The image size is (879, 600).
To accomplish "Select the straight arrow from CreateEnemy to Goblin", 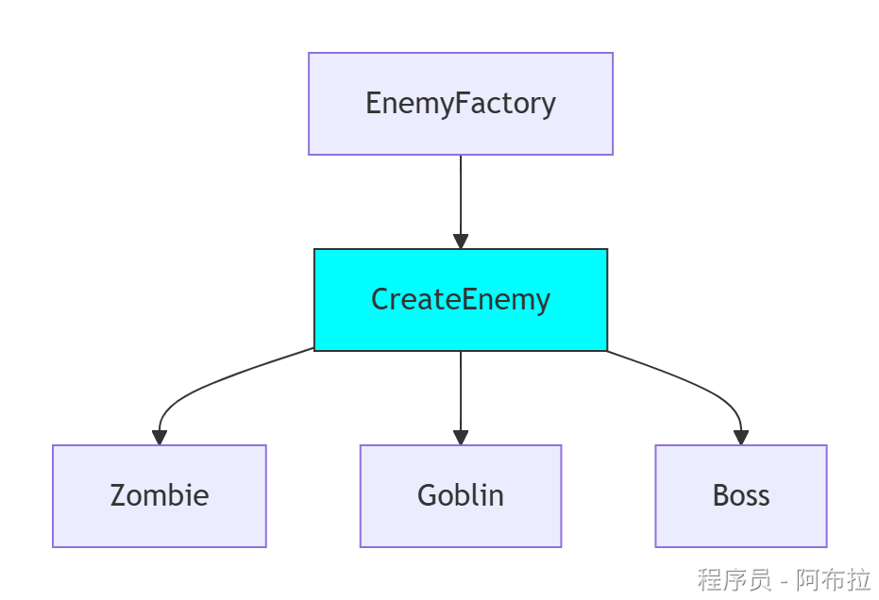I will tap(461, 392).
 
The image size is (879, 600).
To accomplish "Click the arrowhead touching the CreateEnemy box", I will tap(461, 242).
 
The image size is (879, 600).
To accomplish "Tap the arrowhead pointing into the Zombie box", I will tap(160, 437).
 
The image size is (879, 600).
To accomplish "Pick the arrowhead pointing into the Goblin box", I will tap(461, 437).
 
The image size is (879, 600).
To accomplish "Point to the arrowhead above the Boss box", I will tap(741, 437).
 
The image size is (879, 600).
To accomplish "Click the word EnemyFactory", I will tap(460, 103).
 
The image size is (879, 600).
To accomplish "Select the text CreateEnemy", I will tap(460, 299).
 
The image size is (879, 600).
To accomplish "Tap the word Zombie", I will tap(159, 495).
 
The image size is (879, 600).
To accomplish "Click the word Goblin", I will tap(460, 495).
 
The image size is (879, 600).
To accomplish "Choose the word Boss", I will tap(740, 495).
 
